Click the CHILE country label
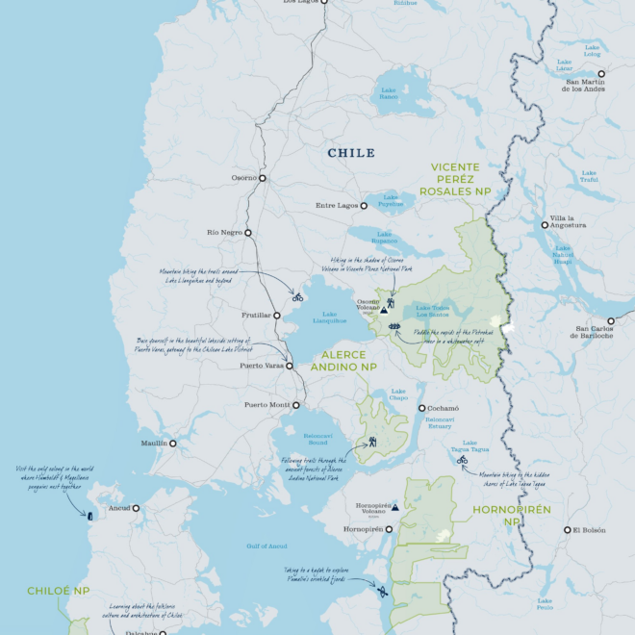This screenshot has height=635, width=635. point(351,153)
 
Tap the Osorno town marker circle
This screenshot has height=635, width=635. point(262,178)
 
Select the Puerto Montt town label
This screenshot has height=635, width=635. point(267,404)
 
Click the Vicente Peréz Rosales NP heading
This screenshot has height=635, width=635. point(461,179)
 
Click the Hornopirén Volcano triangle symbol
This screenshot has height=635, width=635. point(395,505)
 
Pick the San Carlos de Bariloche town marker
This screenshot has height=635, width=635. point(610,321)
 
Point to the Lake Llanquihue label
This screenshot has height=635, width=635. point(330,319)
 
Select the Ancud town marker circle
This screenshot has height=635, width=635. point(136,508)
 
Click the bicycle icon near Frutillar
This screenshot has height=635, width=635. point(298,297)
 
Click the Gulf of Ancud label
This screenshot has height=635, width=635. point(267,546)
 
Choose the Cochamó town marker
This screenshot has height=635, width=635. point(421,408)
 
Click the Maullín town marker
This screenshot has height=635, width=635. point(173,444)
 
